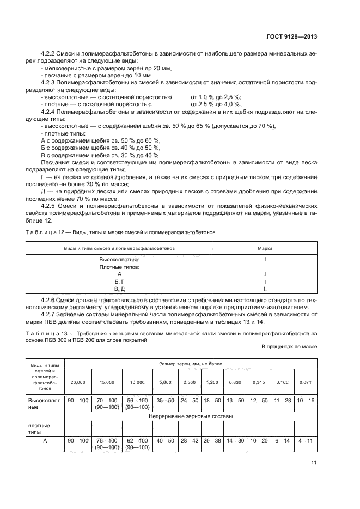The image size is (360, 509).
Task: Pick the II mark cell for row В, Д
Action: (x=265, y=289)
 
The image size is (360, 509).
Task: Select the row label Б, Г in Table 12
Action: (x=119, y=281)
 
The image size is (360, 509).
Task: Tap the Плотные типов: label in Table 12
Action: (x=119, y=267)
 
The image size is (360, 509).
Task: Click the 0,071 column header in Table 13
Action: (x=305, y=383)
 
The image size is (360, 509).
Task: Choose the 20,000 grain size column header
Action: (x=78, y=383)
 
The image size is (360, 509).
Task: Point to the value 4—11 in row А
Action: (x=305, y=440)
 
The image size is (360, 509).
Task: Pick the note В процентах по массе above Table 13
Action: (x=289, y=346)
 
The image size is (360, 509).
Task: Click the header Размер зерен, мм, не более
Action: (x=188, y=363)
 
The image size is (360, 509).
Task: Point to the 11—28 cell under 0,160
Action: (x=282, y=400)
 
